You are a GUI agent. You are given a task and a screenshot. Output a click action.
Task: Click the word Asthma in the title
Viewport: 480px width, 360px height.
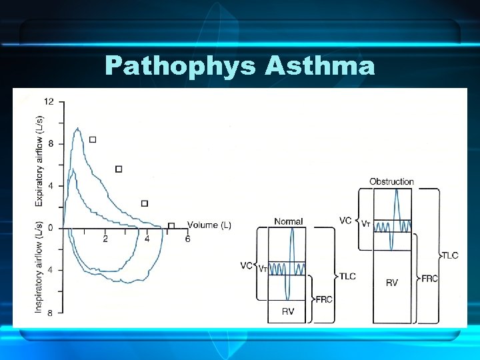point(320,67)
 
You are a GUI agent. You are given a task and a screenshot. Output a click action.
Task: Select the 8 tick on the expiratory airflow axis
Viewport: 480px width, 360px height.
point(50,143)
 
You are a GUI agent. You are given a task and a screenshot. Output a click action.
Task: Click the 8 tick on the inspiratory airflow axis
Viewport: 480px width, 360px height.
point(50,312)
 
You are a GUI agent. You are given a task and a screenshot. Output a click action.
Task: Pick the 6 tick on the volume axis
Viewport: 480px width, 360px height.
point(187,239)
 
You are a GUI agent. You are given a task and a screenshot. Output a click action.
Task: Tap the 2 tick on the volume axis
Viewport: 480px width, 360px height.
point(105,239)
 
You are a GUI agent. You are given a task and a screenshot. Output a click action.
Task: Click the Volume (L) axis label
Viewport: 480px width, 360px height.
point(209,225)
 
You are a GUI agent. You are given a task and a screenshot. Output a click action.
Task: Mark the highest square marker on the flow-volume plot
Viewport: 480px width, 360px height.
point(92,139)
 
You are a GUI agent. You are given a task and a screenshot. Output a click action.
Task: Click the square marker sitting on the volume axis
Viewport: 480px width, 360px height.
point(171,226)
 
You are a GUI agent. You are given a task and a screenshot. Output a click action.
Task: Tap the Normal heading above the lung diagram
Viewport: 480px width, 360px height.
point(288,221)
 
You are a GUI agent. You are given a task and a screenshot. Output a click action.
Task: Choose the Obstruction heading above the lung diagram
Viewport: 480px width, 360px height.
point(391,181)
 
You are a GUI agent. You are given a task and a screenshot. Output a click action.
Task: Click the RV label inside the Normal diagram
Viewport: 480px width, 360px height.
point(287,311)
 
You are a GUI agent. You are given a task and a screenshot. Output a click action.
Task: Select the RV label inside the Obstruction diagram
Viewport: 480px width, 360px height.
point(392,283)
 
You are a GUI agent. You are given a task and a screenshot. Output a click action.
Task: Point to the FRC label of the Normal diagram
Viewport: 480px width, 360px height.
point(325,300)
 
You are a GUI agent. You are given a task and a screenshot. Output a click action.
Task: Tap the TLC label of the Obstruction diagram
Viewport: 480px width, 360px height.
point(450,255)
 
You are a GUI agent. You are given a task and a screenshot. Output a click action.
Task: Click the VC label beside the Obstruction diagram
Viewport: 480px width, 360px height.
point(345,221)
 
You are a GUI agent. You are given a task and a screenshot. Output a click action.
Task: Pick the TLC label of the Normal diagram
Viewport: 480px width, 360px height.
point(347,276)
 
